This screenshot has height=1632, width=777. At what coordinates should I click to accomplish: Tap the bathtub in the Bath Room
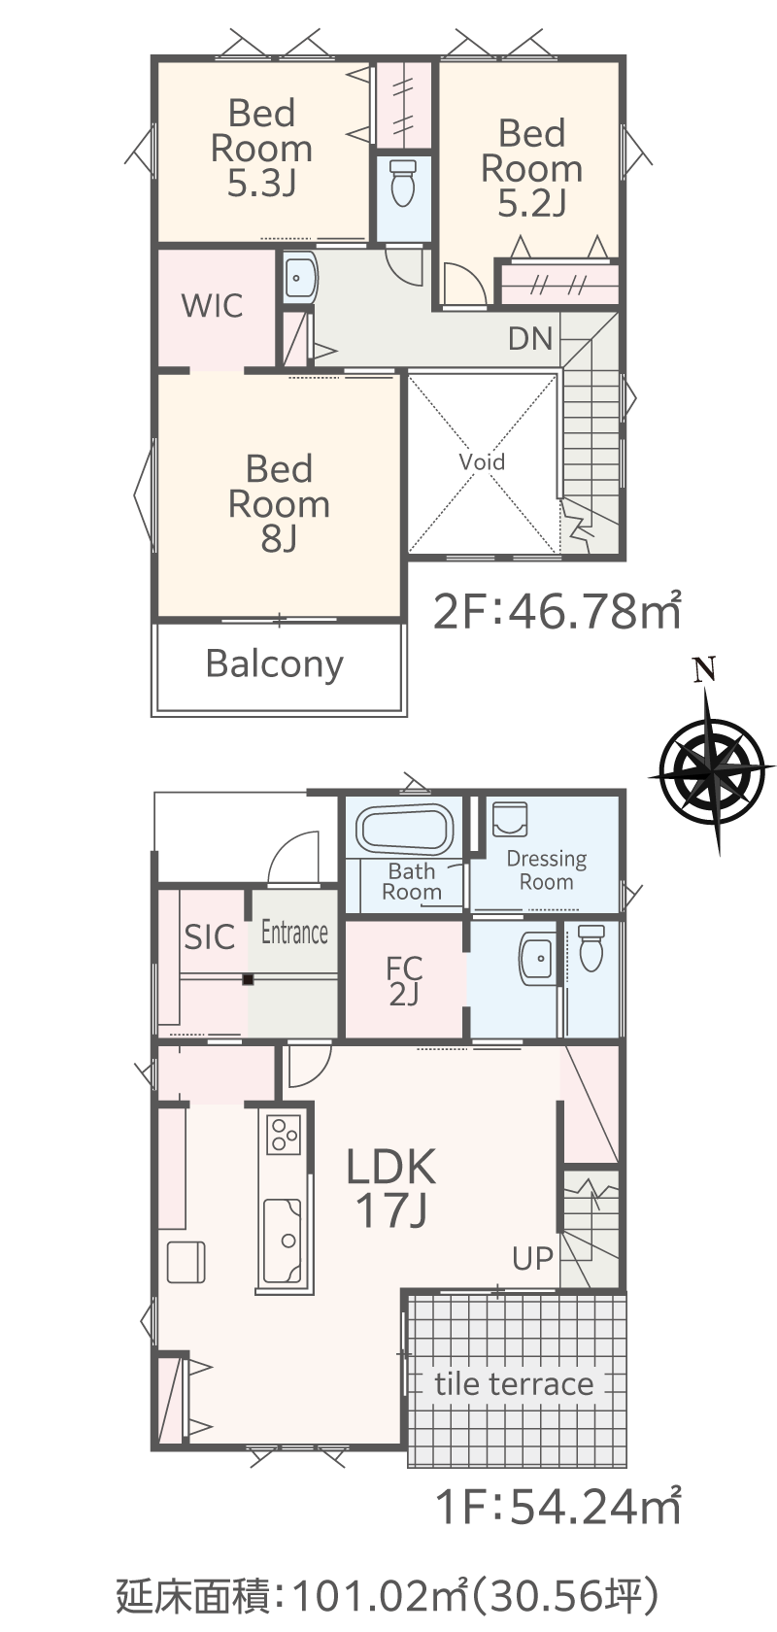click(404, 830)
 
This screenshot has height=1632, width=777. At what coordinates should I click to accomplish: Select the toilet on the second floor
click(403, 184)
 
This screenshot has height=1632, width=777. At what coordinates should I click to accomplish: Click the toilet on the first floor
click(591, 948)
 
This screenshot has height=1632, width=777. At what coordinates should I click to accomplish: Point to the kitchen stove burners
click(284, 1134)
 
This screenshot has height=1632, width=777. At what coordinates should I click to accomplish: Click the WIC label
click(212, 306)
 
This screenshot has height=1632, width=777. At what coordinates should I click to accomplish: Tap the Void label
click(482, 461)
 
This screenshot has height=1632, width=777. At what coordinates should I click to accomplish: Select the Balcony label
click(275, 664)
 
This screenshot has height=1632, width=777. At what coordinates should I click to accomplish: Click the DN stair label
click(530, 339)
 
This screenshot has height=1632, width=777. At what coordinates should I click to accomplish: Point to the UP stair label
click(532, 1258)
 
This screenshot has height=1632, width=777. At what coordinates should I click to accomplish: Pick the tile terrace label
click(514, 1383)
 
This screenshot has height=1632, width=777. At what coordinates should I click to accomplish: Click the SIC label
click(209, 936)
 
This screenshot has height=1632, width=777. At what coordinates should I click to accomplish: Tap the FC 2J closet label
click(404, 981)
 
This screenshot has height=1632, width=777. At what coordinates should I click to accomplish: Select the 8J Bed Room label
click(279, 503)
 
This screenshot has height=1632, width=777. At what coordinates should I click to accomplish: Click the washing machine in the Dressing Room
click(510, 820)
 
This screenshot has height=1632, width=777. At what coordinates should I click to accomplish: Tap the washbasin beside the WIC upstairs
click(300, 277)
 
